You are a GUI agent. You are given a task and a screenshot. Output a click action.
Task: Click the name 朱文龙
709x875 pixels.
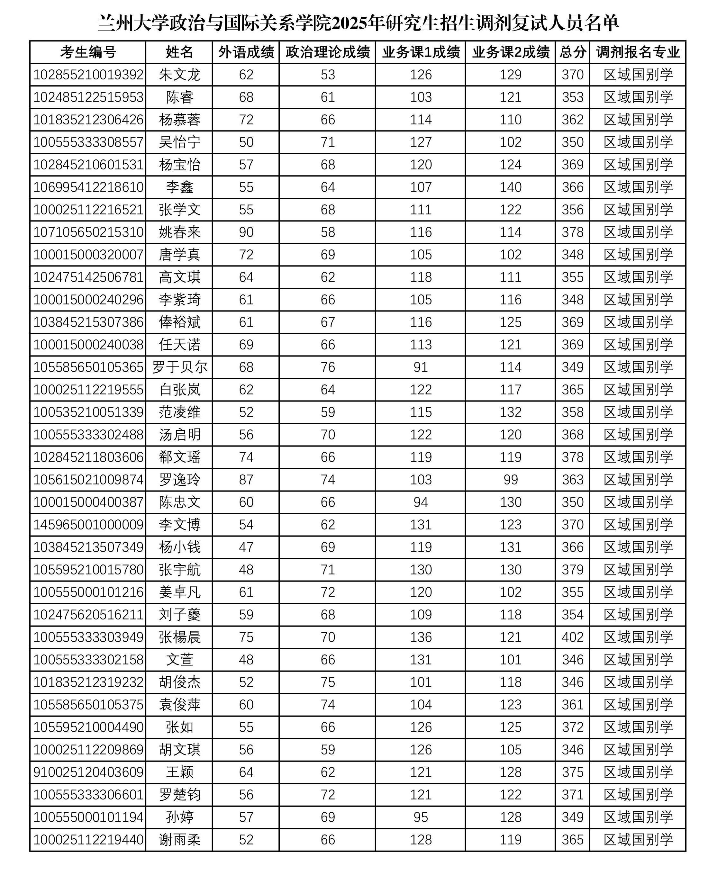[x=179, y=75]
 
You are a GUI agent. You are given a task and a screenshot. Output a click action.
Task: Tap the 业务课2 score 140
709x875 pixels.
[x=511, y=187]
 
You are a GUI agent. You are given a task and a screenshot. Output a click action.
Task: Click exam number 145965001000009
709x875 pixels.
[x=88, y=525]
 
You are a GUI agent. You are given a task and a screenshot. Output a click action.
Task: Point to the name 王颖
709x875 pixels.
[x=179, y=772]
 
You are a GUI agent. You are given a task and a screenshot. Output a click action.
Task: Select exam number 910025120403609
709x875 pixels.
[x=88, y=772]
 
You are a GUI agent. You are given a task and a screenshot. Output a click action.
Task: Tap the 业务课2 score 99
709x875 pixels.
[x=511, y=480]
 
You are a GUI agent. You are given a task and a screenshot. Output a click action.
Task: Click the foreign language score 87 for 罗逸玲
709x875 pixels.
[x=246, y=480]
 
